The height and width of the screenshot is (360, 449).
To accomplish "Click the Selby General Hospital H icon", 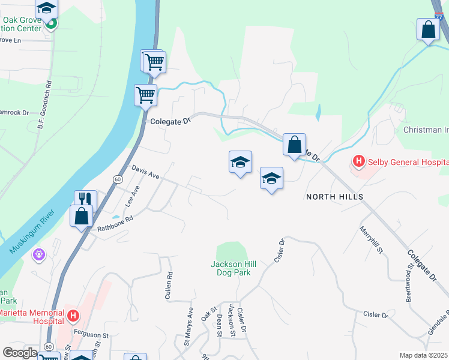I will click(359, 161).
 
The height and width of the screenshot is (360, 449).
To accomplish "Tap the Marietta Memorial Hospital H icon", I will click(73, 315).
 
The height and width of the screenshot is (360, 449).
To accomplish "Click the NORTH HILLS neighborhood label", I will click(335, 197).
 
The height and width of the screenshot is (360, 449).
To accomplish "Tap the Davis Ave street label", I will click(145, 173).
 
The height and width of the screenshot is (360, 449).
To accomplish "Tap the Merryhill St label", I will click(371, 239).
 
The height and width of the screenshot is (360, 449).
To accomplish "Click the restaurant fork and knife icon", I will click(84, 199).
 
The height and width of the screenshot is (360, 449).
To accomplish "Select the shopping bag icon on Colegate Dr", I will click(294, 145).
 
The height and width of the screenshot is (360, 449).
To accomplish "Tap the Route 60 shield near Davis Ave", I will click(118, 179).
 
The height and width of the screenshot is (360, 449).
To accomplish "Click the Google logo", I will click(20, 353).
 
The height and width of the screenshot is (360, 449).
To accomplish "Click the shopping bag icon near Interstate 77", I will click(428, 29).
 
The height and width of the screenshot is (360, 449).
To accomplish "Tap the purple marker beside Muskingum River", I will click(39, 255).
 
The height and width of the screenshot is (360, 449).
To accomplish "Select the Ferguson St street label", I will click(88, 335).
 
